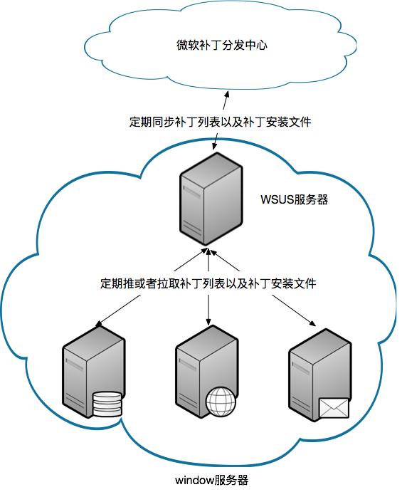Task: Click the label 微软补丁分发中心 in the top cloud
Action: coord(222,45)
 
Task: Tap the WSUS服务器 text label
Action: coord(294,199)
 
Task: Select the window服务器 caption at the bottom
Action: coord(211,480)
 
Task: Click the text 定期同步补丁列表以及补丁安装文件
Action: coord(220,122)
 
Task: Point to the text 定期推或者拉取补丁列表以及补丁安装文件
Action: coord(208,283)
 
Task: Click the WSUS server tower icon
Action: coord(211,199)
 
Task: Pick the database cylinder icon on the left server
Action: coord(107,404)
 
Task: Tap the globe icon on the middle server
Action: coord(221,402)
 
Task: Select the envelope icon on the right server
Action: coord(334,408)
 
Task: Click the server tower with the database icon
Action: coord(93,372)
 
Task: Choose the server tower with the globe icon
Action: coord(206,372)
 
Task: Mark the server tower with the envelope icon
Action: coord(319,375)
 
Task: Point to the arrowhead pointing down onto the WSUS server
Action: coord(214,145)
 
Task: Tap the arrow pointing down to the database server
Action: coord(118,310)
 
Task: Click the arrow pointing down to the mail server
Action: coord(294,310)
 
